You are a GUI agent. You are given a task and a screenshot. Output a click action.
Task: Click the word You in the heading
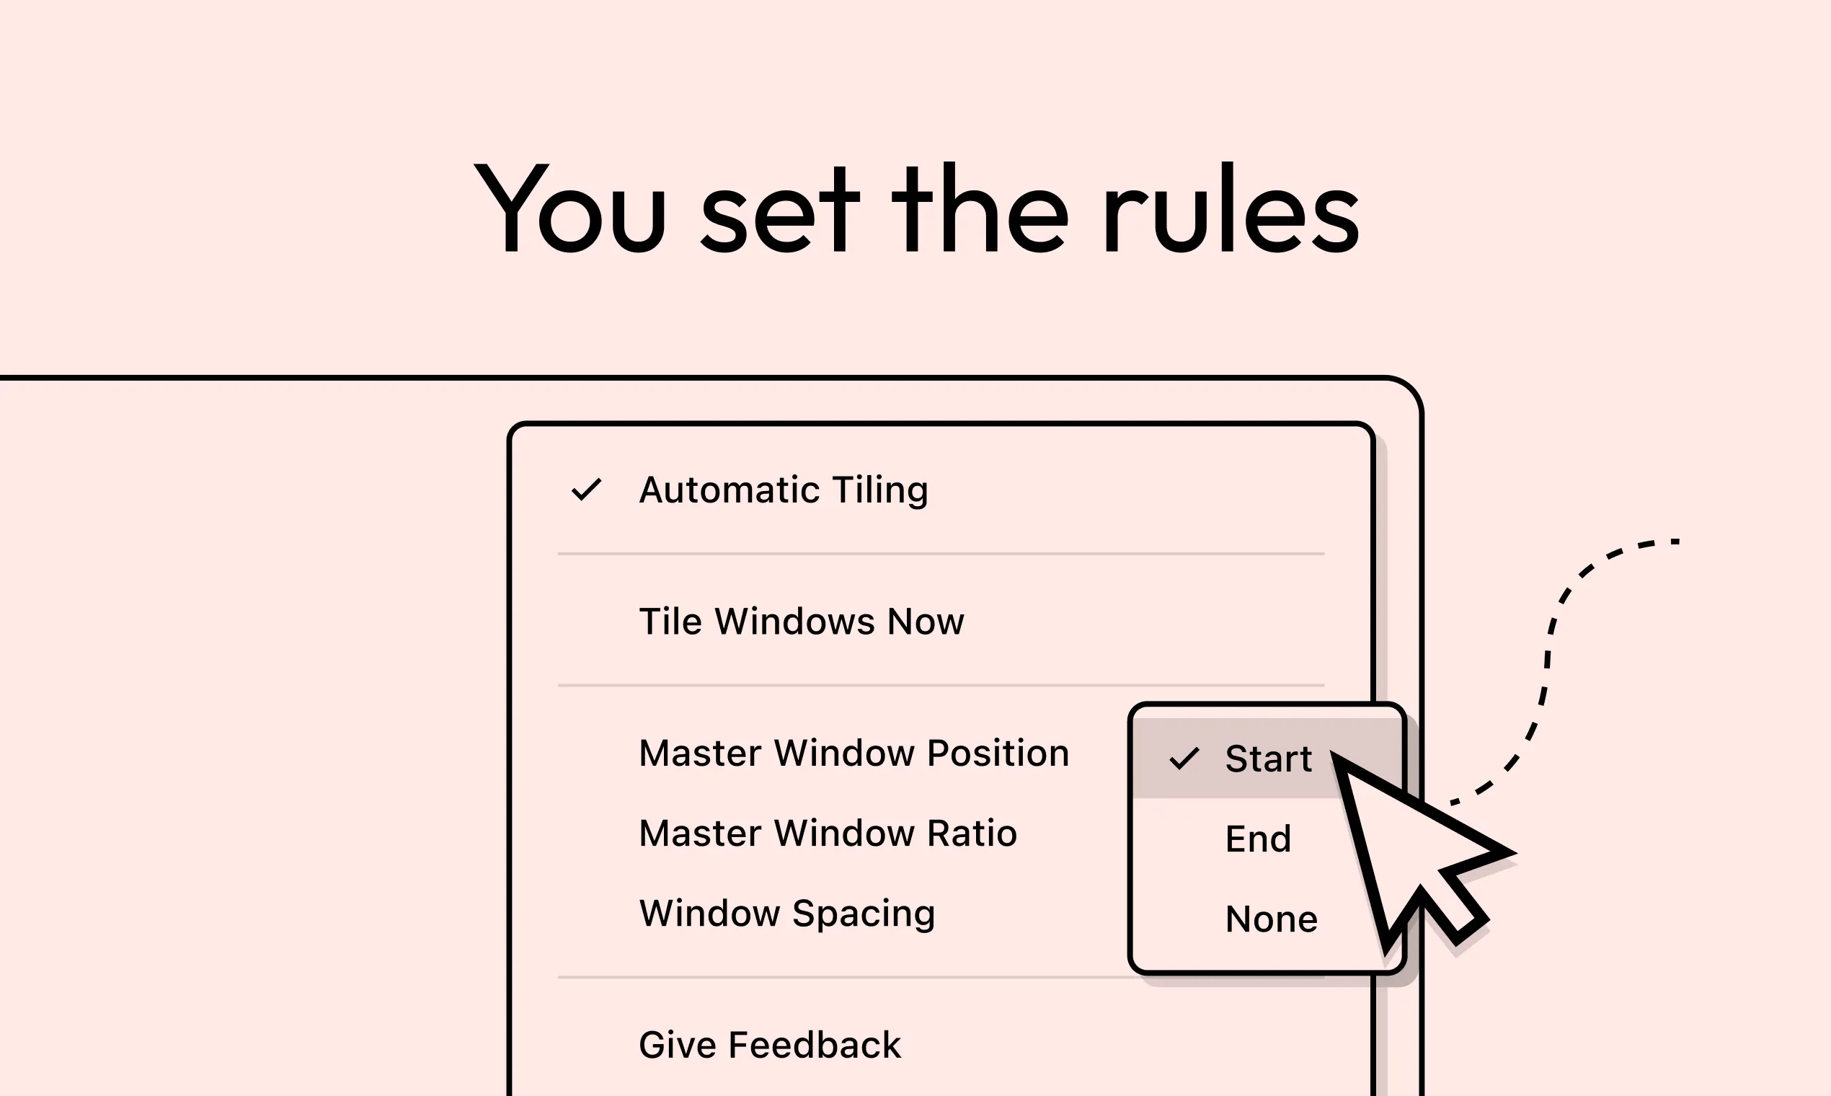(x=570, y=208)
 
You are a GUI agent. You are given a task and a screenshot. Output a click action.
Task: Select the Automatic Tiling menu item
(x=784, y=490)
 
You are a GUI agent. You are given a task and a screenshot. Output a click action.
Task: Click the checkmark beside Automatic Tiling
(x=586, y=490)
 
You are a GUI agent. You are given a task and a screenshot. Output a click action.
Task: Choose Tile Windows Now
(x=801, y=621)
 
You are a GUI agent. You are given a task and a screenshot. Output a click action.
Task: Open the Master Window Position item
(x=854, y=753)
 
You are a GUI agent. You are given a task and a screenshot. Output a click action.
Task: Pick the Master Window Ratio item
(x=828, y=833)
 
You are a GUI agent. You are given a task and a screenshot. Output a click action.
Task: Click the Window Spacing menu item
(x=787, y=914)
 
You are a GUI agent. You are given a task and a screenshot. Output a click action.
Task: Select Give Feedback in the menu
(x=769, y=1045)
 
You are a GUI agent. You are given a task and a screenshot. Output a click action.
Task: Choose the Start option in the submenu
(x=1269, y=759)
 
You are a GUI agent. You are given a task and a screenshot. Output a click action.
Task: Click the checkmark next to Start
(x=1184, y=759)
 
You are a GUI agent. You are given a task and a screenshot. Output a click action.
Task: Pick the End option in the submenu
(x=1258, y=839)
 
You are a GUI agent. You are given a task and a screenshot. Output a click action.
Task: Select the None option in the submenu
(x=1272, y=919)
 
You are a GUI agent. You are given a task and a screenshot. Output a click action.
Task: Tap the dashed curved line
(x=1547, y=665)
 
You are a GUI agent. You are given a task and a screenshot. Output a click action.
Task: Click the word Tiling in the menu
(x=880, y=490)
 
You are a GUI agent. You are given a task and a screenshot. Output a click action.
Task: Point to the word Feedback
(x=815, y=1045)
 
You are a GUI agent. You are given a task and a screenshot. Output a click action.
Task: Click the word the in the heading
(x=980, y=208)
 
